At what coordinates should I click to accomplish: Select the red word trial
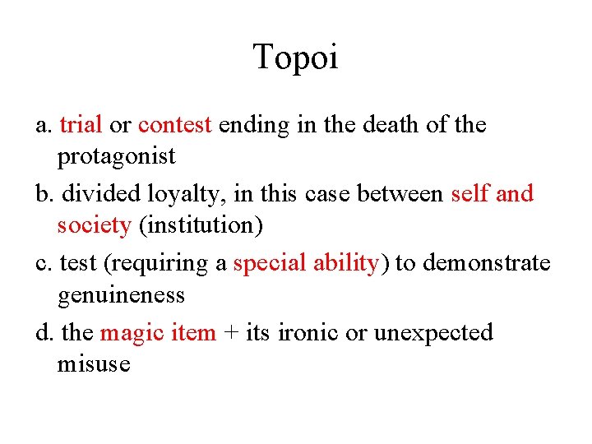click(x=81, y=125)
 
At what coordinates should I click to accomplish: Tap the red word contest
click(x=175, y=125)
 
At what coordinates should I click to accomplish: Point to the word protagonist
click(x=116, y=156)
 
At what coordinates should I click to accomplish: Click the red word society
click(x=94, y=225)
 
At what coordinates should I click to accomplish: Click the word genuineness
click(x=121, y=294)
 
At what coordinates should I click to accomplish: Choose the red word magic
click(x=123, y=333)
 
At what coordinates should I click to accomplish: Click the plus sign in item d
click(x=231, y=334)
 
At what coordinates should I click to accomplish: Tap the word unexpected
click(x=433, y=334)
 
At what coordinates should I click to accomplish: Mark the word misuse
click(x=94, y=364)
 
